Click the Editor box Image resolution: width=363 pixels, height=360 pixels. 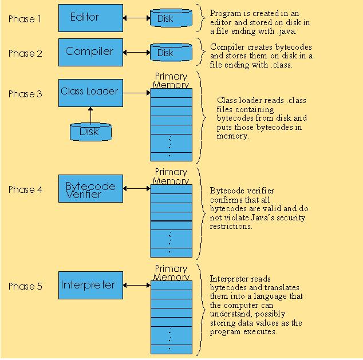point(90,18)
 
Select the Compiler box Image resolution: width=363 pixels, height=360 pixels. point(90,52)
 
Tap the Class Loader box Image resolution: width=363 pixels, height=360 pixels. point(90,93)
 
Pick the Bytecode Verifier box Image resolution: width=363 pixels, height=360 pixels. point(90,188)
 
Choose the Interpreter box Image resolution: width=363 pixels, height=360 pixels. point(90,285)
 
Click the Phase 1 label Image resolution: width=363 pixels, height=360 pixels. point(25,19)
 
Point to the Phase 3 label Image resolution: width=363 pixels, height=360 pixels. point(25,94)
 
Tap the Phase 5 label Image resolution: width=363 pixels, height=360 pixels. point(25,286)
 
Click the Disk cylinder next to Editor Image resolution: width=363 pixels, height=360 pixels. point(171,18)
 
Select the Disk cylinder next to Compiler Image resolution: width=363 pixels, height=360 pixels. point(171,52)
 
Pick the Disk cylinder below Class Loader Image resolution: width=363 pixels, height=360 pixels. point(90,132)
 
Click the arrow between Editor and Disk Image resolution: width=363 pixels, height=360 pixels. point(137,18)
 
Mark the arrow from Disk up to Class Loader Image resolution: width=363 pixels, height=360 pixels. point(90,115)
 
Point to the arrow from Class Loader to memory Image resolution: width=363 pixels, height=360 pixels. point(137,93)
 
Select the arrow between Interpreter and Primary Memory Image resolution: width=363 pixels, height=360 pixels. point(137,285)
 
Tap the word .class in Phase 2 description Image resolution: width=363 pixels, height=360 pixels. point(281,65)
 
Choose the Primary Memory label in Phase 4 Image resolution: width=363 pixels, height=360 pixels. point(171,176)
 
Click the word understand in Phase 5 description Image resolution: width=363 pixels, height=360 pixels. point(232,314)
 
